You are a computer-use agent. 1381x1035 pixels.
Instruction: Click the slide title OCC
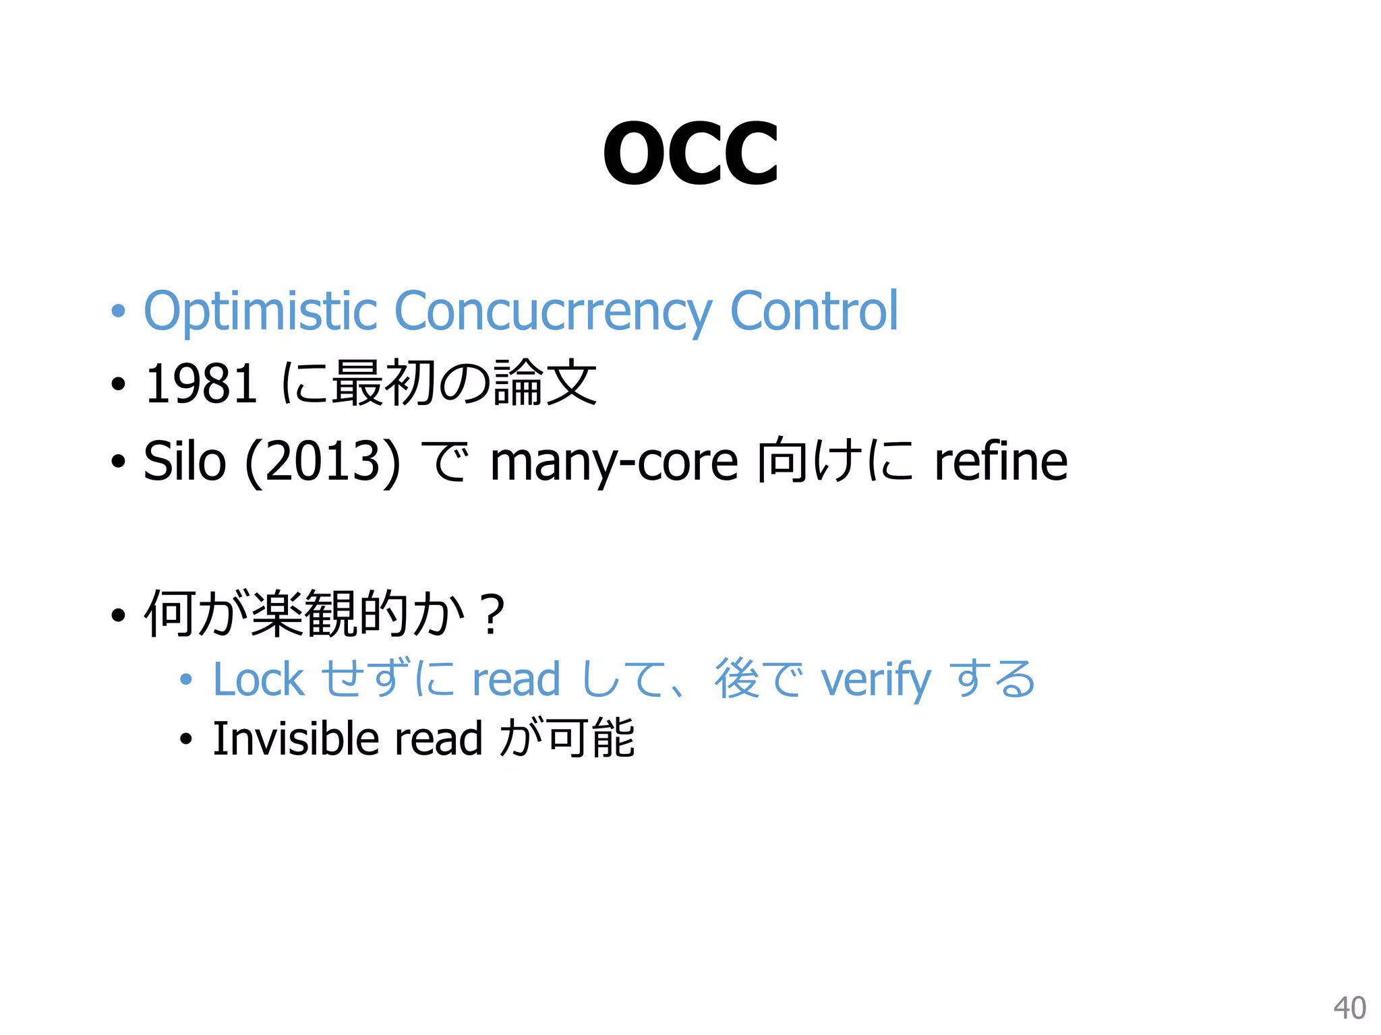coord(690,154)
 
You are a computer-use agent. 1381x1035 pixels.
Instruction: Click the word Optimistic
coord(260,311)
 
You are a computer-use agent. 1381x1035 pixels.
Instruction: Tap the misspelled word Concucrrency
coord(552,311)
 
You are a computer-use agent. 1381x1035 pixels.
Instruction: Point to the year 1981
coord(201,384)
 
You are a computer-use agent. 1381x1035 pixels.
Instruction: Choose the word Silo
coord(184,461)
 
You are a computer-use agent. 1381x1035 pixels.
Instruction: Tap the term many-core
coord(614,462)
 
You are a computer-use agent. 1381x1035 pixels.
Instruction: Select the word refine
coord(1001,461)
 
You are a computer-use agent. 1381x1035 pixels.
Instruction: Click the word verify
coord(876,681)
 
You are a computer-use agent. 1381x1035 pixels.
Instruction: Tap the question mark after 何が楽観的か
coord(493,614)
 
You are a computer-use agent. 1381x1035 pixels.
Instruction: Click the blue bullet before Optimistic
coord(119,312)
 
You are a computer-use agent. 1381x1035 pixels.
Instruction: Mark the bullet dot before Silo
coord(119,462)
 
